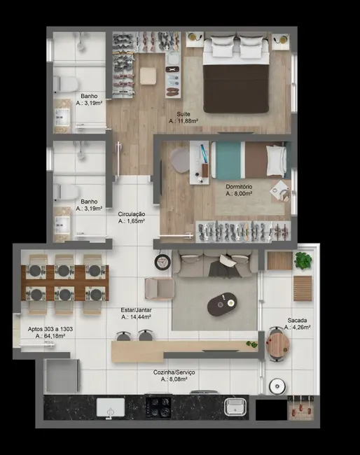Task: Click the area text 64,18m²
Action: (50, 337)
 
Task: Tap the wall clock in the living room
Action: (162, 262)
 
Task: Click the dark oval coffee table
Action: (222, 302)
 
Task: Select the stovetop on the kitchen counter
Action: (158, 407)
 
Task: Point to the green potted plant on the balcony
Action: (303, 261)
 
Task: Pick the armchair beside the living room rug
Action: (159, 288)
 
